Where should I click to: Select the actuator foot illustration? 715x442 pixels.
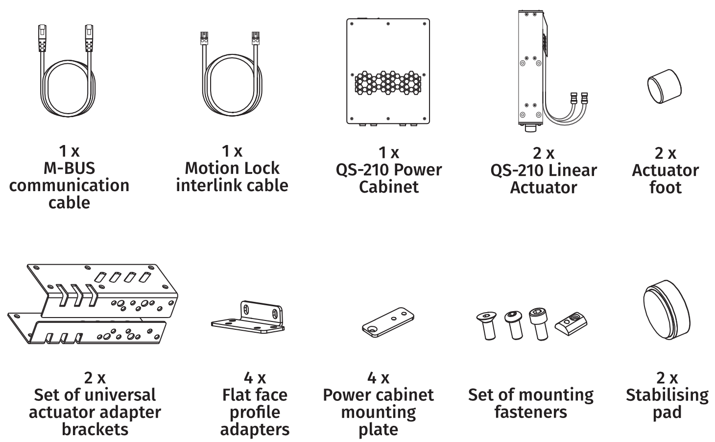[664, 85]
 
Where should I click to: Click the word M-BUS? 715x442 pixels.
[69, 168]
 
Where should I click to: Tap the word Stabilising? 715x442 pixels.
[667, 395]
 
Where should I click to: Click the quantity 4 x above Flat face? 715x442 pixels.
[255, 378]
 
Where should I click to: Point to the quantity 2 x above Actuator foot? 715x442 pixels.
[665, 153]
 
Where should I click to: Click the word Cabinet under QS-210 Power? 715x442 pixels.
[388, 187]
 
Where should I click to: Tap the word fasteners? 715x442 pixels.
[530, 412]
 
